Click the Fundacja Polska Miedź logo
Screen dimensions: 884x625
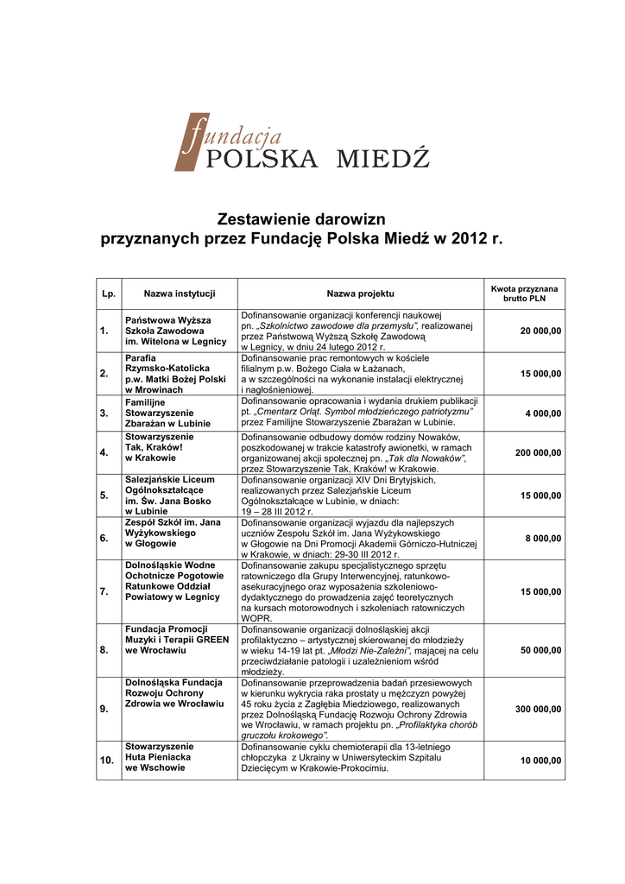click(302, 143)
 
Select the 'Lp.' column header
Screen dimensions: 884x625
click(109, 294)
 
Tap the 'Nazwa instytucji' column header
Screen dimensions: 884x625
click(179, 294)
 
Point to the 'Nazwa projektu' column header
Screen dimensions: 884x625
click(360, 294)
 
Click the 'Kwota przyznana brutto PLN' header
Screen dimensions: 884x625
click(524, 294)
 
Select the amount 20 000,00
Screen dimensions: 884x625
click(540, 331)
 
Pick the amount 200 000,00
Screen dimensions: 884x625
click(538, 453)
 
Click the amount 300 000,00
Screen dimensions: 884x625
click(538, 710)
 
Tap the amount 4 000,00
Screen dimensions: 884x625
click(544, 414)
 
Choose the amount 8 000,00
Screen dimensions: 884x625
click(544, 539)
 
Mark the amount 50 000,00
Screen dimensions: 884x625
click(540, 650)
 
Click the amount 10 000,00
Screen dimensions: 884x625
click(540, 761)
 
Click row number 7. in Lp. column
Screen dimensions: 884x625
click(104, 592)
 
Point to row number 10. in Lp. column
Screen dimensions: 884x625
click(107, 761)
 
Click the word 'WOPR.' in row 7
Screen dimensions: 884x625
click(256, 619)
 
